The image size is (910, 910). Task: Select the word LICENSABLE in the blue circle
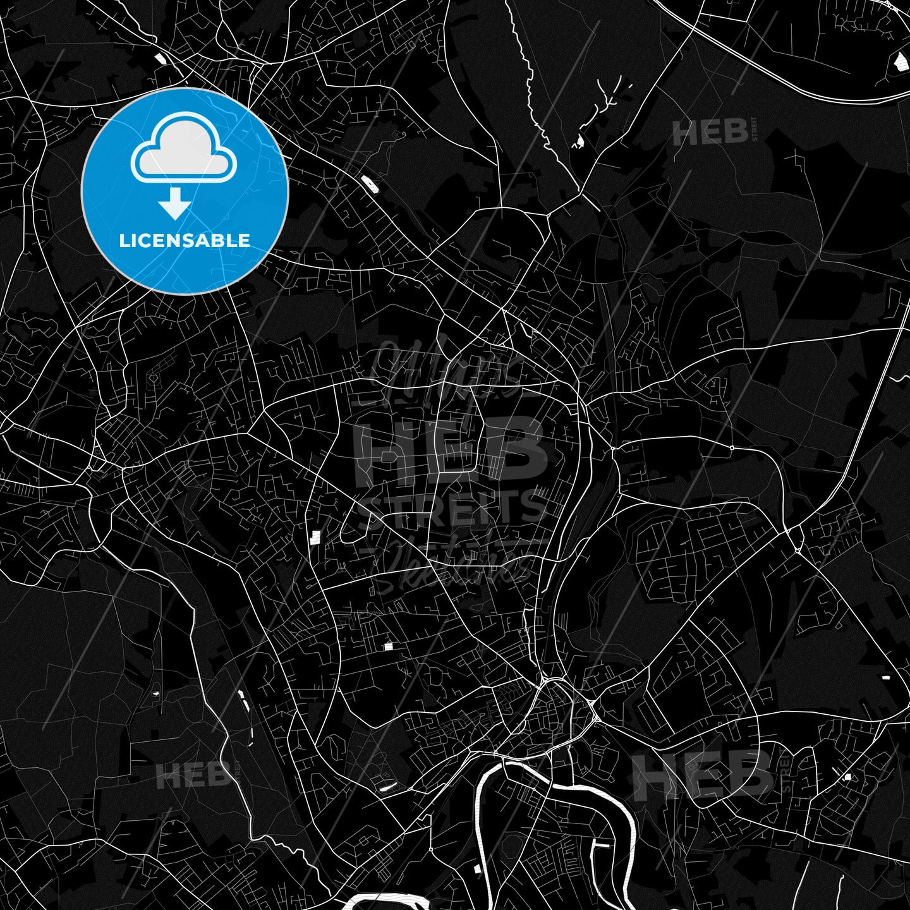tap(185, 241)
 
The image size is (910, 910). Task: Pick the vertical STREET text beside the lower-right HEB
tap(786, 770)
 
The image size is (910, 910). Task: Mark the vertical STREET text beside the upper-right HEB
tap(753, 130)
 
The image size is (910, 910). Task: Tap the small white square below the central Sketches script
tap(389, 646)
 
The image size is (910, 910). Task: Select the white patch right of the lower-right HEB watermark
tap(847, 777)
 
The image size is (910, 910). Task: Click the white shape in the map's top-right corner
tap(899, 61)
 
